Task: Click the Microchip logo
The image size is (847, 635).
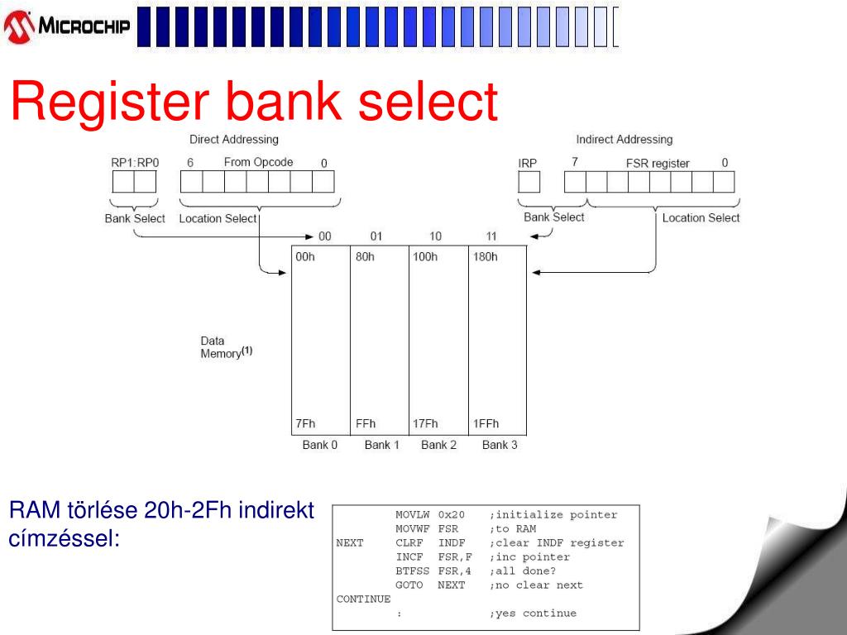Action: (x=68, y=26)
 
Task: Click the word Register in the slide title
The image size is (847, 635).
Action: (x=111, y=103)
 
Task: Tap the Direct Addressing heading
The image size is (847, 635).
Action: (x=234, y=140)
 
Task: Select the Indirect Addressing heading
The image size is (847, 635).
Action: (x=624, y=140)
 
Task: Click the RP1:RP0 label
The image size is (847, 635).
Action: (x=135, y=163)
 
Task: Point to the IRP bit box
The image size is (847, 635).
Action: (x=529, y=182)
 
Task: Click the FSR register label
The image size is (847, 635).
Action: (x=658, y=164)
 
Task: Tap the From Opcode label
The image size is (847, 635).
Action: (x=258, y=162)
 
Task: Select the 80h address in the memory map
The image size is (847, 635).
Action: (x=365, y=257)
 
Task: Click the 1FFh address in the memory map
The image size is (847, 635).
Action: (x=486, y=424)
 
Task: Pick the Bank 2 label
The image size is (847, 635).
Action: (x=438, y=445)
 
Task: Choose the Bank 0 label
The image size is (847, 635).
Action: (x=320, y=445)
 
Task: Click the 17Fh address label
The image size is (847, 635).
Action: (x=425, y=424)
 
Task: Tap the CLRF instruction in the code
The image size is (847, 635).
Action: (x=409, y=543)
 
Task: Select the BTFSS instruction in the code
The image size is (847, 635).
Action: (x=409, y=571)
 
